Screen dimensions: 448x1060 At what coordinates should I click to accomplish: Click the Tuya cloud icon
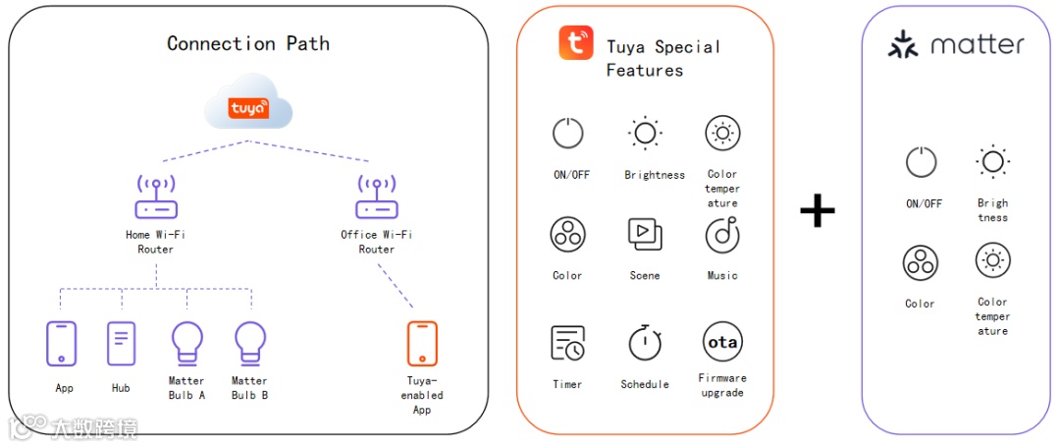249,107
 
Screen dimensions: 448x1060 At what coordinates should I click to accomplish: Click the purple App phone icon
62,344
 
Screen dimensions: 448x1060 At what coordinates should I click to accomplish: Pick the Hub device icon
121,344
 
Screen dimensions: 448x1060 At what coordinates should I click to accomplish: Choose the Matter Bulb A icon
186,344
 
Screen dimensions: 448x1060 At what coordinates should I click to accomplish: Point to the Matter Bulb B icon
250,344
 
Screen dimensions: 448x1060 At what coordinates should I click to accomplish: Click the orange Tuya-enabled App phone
422,344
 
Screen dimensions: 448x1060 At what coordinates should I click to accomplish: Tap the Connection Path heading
248,43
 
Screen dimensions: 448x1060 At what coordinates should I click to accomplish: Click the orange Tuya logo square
576,43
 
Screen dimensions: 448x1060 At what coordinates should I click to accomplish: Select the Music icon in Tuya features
722,235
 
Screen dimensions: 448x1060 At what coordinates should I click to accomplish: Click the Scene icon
645,234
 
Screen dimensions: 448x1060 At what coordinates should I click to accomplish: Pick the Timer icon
567,343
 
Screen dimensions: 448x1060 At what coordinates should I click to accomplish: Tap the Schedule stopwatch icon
645,343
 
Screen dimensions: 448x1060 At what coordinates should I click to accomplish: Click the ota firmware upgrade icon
722,342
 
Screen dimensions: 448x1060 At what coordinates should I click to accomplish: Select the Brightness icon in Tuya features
645,133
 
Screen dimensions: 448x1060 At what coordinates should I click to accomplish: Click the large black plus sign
817,210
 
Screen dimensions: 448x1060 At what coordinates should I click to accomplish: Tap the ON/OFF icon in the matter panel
921,162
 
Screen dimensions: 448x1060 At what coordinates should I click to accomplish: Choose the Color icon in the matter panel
921,263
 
